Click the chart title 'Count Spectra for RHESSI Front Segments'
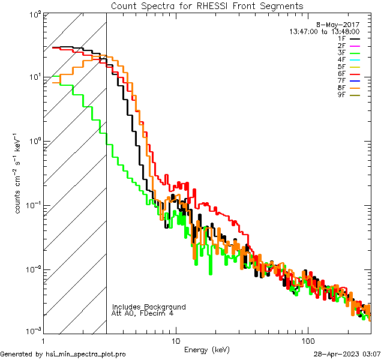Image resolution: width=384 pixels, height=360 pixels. pos(207,5)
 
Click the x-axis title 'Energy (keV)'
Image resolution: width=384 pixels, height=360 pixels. pos(207,350)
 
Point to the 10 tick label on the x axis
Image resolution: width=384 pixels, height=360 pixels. pos(175,340)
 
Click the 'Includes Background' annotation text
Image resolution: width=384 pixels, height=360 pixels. pos(148,307)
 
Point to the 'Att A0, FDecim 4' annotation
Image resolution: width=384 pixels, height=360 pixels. pos(143,313)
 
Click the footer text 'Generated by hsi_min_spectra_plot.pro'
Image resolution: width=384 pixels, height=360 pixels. pos(63,354)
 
